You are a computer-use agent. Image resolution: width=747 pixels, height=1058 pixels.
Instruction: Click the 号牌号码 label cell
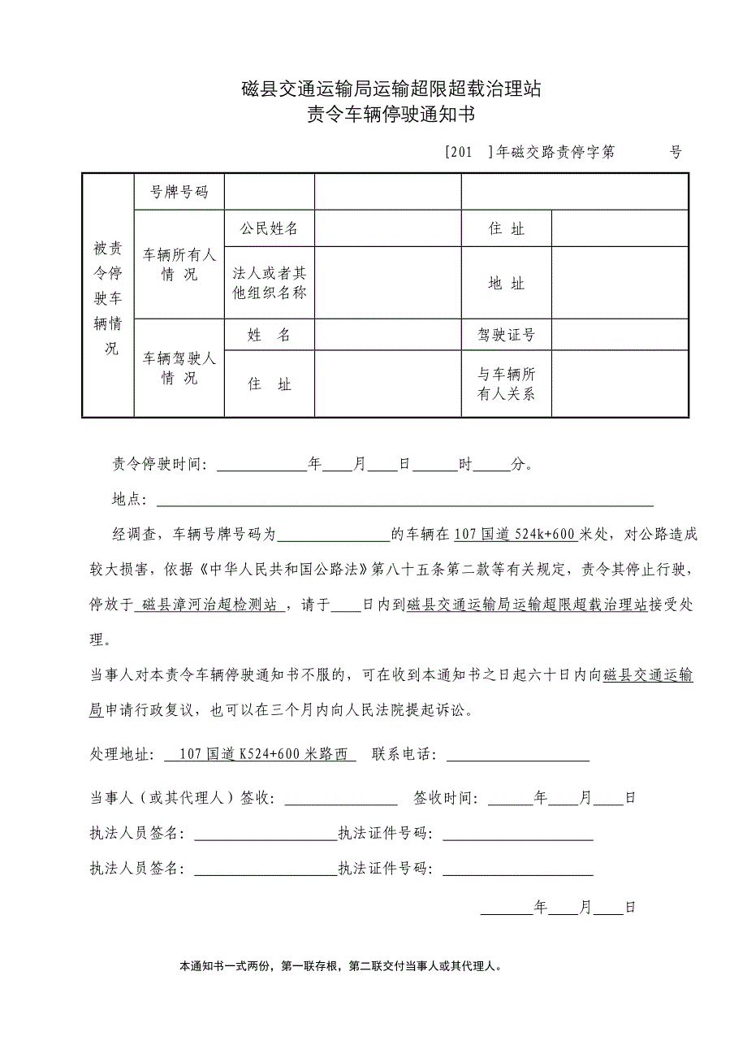click(179, 192)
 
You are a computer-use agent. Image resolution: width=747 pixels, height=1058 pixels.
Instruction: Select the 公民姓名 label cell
click(269, 228)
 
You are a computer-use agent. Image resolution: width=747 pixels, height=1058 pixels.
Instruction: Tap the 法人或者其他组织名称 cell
click(269, 283)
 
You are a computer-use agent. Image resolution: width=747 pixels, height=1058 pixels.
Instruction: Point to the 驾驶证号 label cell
click(507, 335)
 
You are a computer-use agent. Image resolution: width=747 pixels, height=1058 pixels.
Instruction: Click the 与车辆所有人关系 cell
click(507, 384)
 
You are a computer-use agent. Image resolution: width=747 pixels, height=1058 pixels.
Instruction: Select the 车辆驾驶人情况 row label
click(179, 367)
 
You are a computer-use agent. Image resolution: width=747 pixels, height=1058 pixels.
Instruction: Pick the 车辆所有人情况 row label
click(179, 265)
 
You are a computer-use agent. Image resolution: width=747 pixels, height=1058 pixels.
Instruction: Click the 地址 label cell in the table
click(507, 283)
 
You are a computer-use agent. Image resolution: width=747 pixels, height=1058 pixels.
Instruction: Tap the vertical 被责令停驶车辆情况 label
click(108, 297)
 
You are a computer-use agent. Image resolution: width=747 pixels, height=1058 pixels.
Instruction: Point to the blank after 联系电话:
click(517, 756)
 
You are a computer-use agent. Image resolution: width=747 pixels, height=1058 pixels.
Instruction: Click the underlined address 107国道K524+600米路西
click(260, 755)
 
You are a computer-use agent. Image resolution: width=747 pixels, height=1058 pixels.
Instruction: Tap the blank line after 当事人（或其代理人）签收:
click(340, 799)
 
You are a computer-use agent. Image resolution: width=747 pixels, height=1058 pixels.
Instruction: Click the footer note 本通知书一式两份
click(341, 967)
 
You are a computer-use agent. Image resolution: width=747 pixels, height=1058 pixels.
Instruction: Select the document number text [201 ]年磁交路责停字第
click(530, 152)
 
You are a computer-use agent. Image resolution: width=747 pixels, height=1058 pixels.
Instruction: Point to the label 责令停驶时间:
click(160, 466)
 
